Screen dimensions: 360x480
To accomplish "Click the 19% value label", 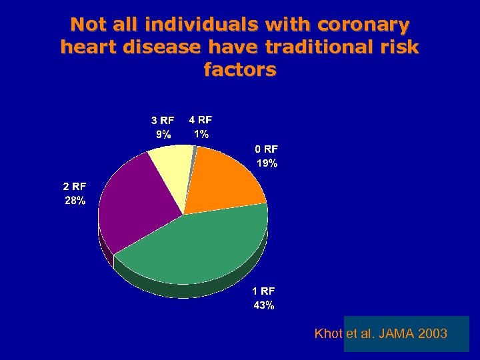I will pos(267,163).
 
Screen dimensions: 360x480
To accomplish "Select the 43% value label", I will pos(263,305).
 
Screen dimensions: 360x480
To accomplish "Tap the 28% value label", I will pos(75,200).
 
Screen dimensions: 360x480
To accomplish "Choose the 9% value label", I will pos(163,134).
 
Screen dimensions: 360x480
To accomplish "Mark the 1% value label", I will pos(201,133).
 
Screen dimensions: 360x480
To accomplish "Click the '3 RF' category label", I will pos(163,121).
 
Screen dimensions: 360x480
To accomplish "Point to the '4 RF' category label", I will pos(201,120).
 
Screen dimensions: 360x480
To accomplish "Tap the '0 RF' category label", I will pos(267,149).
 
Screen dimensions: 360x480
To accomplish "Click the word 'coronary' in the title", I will pos(364,25).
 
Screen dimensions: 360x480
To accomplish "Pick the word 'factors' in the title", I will pos(240,69).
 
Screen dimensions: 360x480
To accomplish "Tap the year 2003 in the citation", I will pos(434,333).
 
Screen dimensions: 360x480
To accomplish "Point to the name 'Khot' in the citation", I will pos(329,333).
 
